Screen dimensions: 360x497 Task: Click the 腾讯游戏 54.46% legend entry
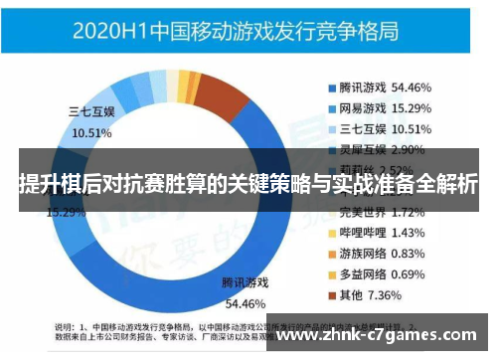(395, 88)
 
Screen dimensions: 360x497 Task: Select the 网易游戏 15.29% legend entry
(395, 107)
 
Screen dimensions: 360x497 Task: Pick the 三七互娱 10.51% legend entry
(395, 128)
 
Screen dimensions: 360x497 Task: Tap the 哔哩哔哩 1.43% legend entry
(395, 232)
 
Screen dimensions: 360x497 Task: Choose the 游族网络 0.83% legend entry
(395, 253)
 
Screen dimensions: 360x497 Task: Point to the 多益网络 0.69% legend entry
(395, 272)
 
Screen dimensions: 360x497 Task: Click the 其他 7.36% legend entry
(388, 294)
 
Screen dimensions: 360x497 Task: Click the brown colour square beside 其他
(331, 294)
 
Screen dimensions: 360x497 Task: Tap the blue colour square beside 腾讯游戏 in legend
(331, 88)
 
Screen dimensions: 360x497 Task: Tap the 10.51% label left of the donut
(92, 133)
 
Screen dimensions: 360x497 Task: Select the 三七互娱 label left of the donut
(91, 112)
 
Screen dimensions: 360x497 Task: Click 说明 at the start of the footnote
(65, 325)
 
